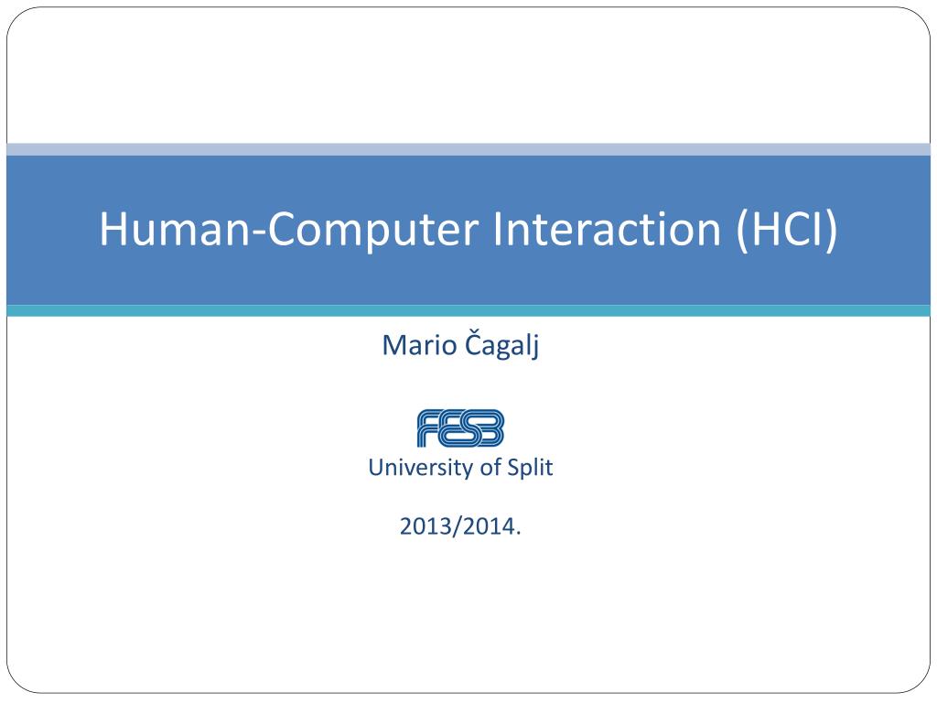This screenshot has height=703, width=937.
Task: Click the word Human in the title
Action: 175,228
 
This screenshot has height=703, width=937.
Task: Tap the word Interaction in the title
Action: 607,228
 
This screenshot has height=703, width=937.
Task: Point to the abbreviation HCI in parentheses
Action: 787,228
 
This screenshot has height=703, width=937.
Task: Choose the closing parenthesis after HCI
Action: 831,231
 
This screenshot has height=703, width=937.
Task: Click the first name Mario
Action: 419,345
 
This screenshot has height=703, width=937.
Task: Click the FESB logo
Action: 461,428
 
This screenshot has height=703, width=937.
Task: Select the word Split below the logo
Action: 530,467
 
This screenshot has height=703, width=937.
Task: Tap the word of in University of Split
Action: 490,467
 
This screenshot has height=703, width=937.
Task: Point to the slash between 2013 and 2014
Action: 458,526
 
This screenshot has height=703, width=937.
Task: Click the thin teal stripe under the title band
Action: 468,311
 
